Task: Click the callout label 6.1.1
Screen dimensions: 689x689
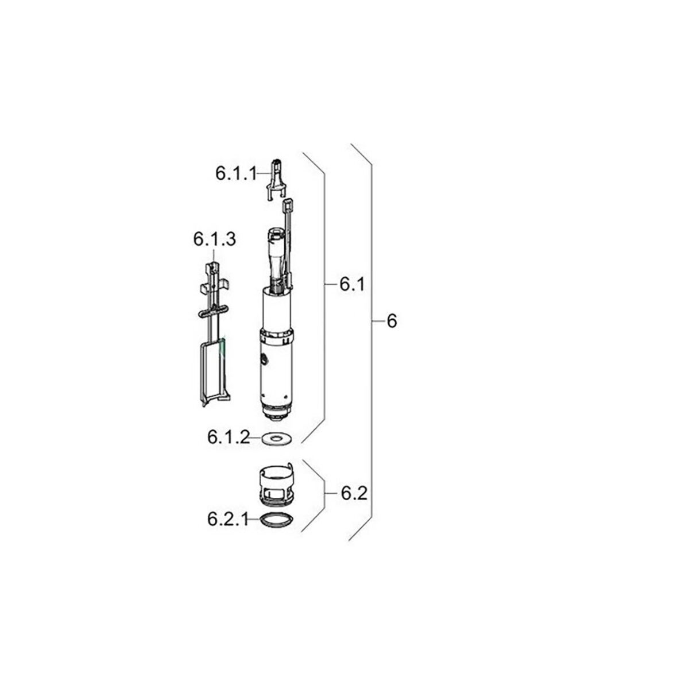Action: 236,174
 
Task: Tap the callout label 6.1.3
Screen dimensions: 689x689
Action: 215,239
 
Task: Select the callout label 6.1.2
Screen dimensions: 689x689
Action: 229,437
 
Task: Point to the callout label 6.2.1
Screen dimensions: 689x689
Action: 228,520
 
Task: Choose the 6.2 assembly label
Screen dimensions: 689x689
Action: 354,493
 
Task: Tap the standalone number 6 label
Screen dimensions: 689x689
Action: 392,321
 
